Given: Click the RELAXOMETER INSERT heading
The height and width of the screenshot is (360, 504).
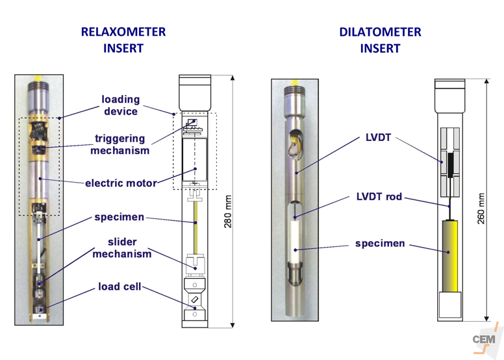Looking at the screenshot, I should (x=123, y=40).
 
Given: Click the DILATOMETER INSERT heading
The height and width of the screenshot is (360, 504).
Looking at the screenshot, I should (x=380, y=40).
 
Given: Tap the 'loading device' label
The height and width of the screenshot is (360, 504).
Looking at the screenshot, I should (x=120, y=105).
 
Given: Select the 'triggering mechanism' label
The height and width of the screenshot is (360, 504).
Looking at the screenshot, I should (x=121, y=144).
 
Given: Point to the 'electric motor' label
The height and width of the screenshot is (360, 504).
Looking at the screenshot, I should (x=121, y=183).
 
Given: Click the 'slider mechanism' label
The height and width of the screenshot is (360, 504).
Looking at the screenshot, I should (x=121, y=248).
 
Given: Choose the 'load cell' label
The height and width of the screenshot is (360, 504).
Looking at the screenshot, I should (x=120, y=287).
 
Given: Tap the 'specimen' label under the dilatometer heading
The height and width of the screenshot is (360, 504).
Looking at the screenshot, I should (x=380, y=244).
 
